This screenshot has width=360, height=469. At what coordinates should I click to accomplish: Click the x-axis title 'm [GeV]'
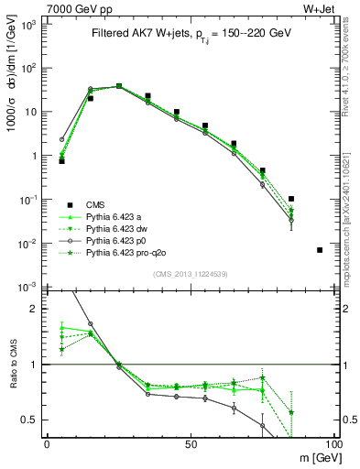click(x=315, y=456)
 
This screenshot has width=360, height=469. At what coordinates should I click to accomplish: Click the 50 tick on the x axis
click(x=190, y=443)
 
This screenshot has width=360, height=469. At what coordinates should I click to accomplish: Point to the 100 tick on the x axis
click(x=334, y=443)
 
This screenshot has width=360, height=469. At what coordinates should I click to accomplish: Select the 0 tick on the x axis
click(x=46, y=443)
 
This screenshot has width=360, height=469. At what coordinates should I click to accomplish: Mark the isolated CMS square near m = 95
click(x=320, y=250)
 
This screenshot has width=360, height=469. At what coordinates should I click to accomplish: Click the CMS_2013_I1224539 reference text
click(x=190, y=273)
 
